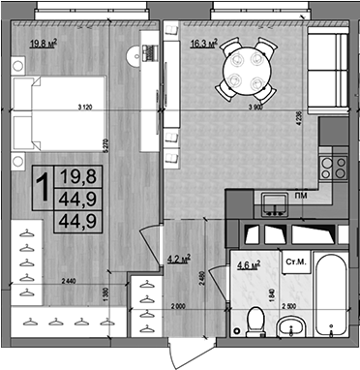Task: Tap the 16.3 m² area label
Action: [x=202, y=43]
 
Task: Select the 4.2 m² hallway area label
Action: [x=178, y=259]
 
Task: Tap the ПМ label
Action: [x=301, y=196]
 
